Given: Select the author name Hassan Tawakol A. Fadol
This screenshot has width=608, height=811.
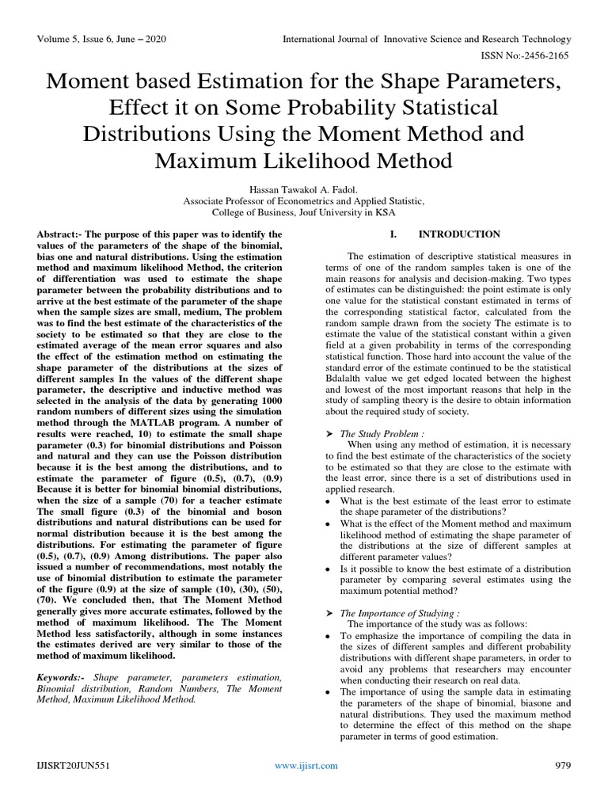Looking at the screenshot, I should pos(304,189).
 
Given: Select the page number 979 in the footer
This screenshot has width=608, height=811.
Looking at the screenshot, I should pos(560,765).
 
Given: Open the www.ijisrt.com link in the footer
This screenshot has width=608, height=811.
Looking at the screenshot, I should pos(306,765).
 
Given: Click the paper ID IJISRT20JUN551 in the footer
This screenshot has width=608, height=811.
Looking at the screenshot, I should pos(74,765).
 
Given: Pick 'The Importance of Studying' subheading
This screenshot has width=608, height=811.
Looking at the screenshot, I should pos(397,614).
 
